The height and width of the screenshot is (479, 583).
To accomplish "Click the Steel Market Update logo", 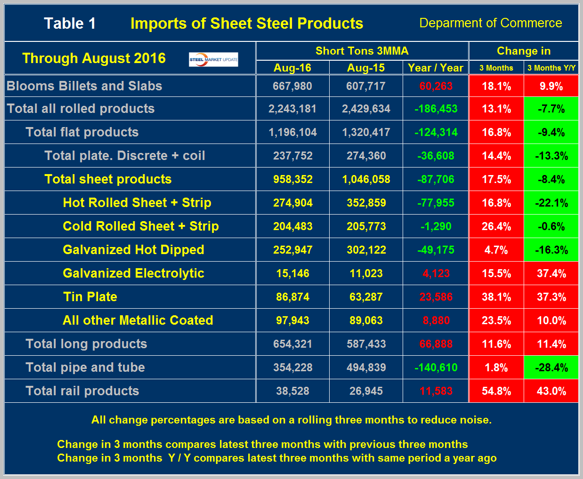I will click(213, 59).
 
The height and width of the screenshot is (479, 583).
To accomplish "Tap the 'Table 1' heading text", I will click(70, 24).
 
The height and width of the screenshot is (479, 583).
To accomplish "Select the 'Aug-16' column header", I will click(292, 68).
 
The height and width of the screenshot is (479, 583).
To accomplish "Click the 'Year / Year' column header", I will click(436, 68).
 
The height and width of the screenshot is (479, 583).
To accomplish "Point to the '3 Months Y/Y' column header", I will click(551, 68).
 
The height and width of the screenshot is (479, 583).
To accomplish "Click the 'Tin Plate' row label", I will click(90, 297).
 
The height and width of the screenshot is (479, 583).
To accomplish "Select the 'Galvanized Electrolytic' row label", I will click(133, 273).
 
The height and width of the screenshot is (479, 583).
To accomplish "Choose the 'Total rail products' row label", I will click(82, 391).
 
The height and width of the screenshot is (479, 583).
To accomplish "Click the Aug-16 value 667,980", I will click(292, 86).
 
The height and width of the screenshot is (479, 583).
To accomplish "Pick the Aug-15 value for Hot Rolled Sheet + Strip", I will click(366, 203).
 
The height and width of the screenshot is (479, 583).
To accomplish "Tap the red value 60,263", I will click(436, 86).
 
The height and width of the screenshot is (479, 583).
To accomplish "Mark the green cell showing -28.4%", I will click(551, 367).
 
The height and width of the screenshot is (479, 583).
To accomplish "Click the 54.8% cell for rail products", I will click(496, 391).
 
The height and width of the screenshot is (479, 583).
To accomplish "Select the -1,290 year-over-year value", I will click(436, 226).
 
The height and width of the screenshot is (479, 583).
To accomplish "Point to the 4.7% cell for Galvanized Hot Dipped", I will click(496, 250).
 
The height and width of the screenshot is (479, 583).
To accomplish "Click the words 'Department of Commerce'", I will click(490, 23).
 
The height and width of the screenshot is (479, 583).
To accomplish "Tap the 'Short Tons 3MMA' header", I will click(362, 51).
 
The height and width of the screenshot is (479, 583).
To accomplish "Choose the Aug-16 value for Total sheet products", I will click(292, 179).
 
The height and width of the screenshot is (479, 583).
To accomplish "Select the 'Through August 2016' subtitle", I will click(94, 58).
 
